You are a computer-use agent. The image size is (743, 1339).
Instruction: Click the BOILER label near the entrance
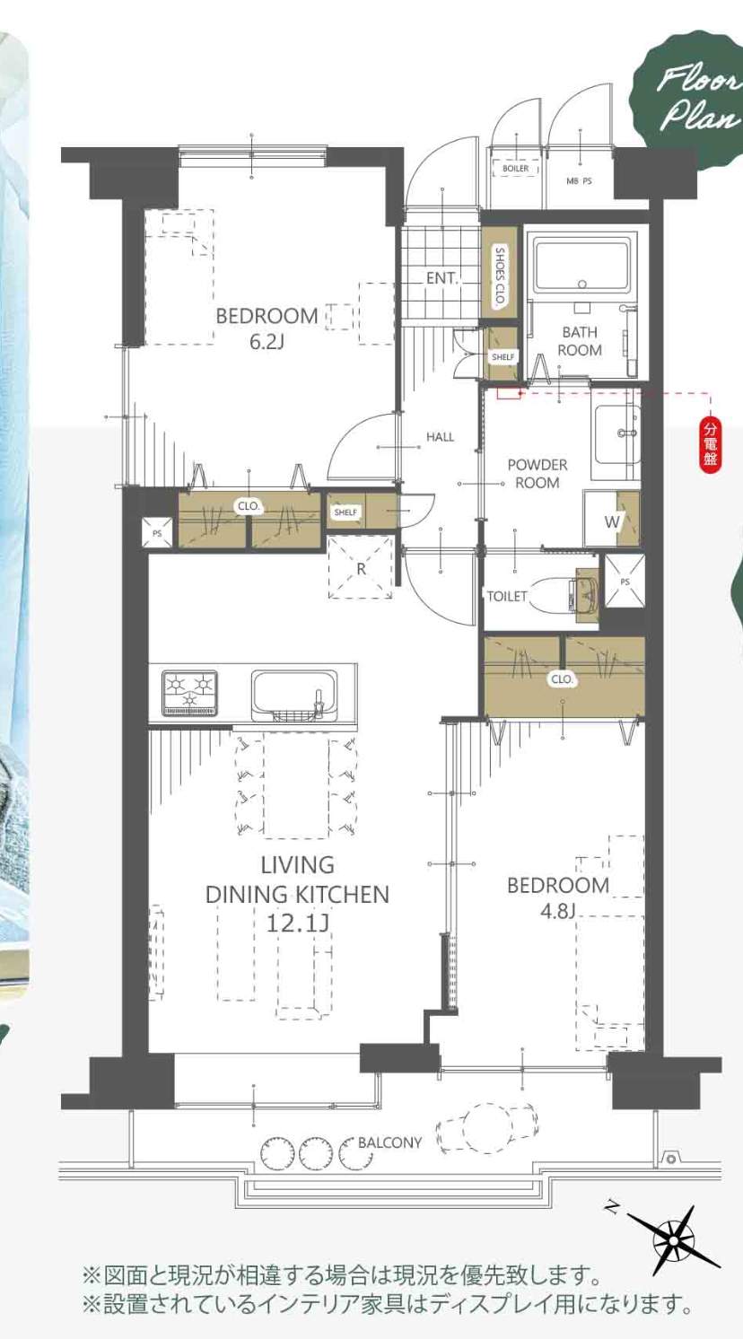tap(515, 169)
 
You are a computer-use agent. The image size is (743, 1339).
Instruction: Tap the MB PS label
tap(579, 181)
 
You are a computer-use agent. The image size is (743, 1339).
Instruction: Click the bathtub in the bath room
tap(582, 266)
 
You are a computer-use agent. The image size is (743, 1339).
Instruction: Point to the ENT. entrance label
tap(441, 278)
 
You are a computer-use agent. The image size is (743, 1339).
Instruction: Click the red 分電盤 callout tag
tap(710, 444)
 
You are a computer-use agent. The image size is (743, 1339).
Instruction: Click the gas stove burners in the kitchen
tap(189, 690)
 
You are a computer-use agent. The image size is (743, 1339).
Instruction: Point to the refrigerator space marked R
tap(361, 567)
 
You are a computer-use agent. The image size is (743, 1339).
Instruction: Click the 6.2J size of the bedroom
tap(267, 343)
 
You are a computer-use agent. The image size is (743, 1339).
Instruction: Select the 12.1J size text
tap(297, 924)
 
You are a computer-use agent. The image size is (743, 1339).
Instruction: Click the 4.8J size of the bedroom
tap(557, 912)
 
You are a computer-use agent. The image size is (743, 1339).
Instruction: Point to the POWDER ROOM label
tap(537, 474)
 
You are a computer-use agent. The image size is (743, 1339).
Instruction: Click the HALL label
tap(441, 437)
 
